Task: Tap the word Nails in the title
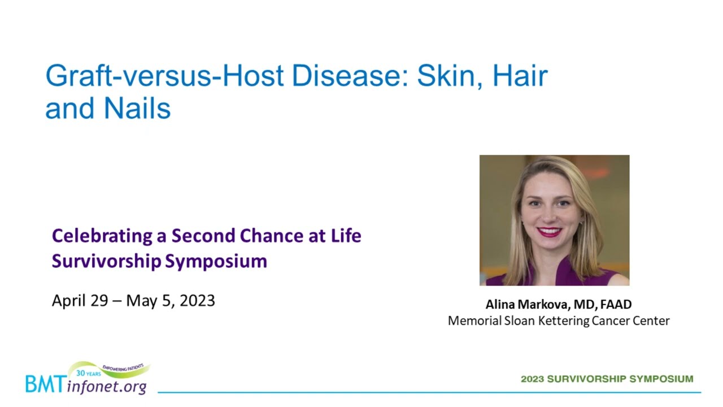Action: tap(137, 108)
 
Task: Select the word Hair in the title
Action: tap(520, 76)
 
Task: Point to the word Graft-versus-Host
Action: tap(164, 76)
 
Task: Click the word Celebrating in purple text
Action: tap(102, 236)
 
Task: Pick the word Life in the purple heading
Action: tap(346, 236)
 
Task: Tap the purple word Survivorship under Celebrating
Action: tap(107, 261)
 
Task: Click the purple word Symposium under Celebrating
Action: tap(216, 261)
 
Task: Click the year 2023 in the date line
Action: tap(197, 301)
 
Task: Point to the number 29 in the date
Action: tap(99, 301)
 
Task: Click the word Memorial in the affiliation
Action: tap(474, 321)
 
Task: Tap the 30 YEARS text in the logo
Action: tap(89, 374)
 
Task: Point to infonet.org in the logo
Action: tap(107, 387)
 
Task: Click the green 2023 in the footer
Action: tap(532, 379)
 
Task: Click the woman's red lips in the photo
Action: tap(549, 232)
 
